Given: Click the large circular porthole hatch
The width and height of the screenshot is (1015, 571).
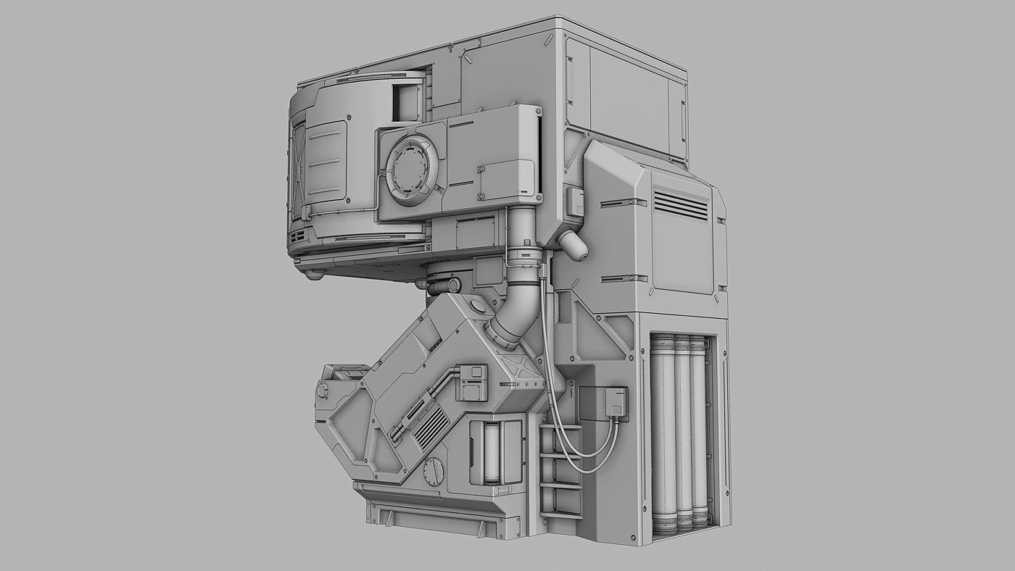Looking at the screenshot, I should pos(411,167).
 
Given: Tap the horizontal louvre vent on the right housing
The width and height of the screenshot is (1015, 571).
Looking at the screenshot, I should pos(681,205).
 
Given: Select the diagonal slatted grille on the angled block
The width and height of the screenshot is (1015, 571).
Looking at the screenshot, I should pos(431,425).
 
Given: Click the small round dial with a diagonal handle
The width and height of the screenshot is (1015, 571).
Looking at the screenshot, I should pos(434,472).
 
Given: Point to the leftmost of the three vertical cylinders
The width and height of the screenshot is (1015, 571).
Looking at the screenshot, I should pos(663,433).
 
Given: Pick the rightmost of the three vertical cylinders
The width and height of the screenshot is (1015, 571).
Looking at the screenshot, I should pos(699,433).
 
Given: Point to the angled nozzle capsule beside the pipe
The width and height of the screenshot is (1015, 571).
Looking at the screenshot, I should pos(573,244).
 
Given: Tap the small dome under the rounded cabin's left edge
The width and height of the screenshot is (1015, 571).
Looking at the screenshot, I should pos(313,275).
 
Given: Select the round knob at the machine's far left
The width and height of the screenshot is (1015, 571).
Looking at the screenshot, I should pos(322,391).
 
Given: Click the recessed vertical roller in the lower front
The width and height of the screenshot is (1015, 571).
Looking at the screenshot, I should pos(492,454).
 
